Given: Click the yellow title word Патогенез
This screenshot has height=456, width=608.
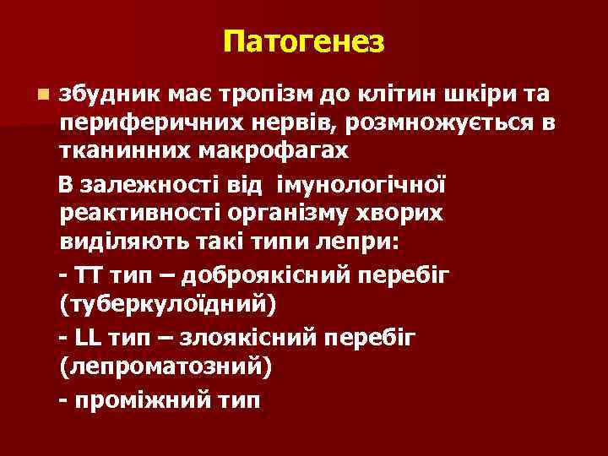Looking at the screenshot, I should pyautogui.click(x=304, y=40).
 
